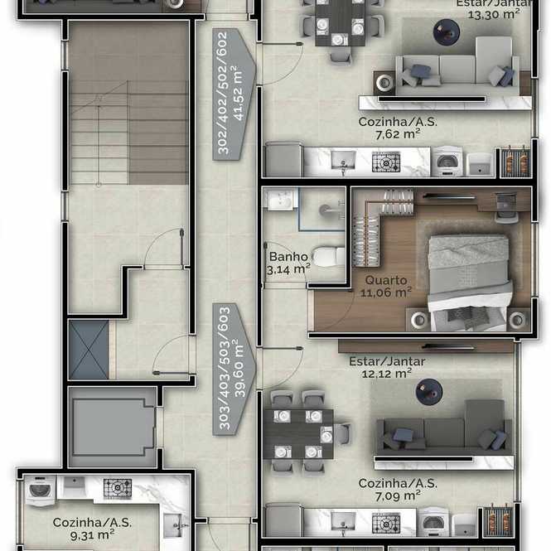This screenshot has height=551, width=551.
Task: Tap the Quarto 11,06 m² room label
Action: point(386,287)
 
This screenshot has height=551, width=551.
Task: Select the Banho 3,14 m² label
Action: point(288,263)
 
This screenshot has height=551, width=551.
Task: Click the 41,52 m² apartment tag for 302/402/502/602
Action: point(234,94)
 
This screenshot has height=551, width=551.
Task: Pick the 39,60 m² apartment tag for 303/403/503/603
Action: point(234,370)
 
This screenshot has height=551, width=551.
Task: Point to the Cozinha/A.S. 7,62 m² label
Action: point(398,128)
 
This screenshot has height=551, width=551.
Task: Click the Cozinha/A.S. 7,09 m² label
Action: point(398,490)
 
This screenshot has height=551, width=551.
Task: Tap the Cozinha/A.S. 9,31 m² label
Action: point(93,529)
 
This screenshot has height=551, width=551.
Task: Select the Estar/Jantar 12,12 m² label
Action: point(387,368)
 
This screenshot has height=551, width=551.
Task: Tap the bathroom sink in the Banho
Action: point(280,199)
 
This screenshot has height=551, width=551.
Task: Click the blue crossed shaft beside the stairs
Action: point(89,350)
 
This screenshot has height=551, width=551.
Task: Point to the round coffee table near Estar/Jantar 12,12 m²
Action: point(428,392)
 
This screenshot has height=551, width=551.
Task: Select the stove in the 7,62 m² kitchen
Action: point(386,162)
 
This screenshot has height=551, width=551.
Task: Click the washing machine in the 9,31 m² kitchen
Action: point(41,491)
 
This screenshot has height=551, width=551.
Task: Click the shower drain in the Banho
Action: point(324,210)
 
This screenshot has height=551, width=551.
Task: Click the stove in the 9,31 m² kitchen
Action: point(118,489)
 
